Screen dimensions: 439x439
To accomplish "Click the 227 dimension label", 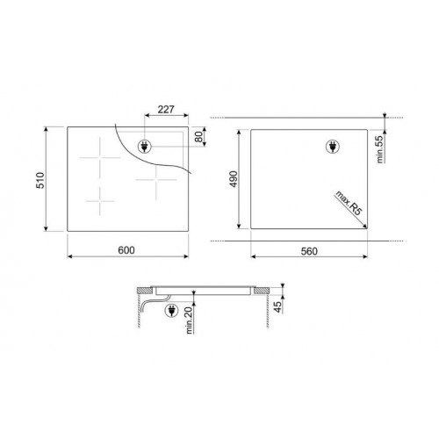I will (165, 111).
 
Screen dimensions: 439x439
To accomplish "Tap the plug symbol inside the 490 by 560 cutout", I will (334, 148).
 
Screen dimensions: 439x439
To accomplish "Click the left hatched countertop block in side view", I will (145, 292).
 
